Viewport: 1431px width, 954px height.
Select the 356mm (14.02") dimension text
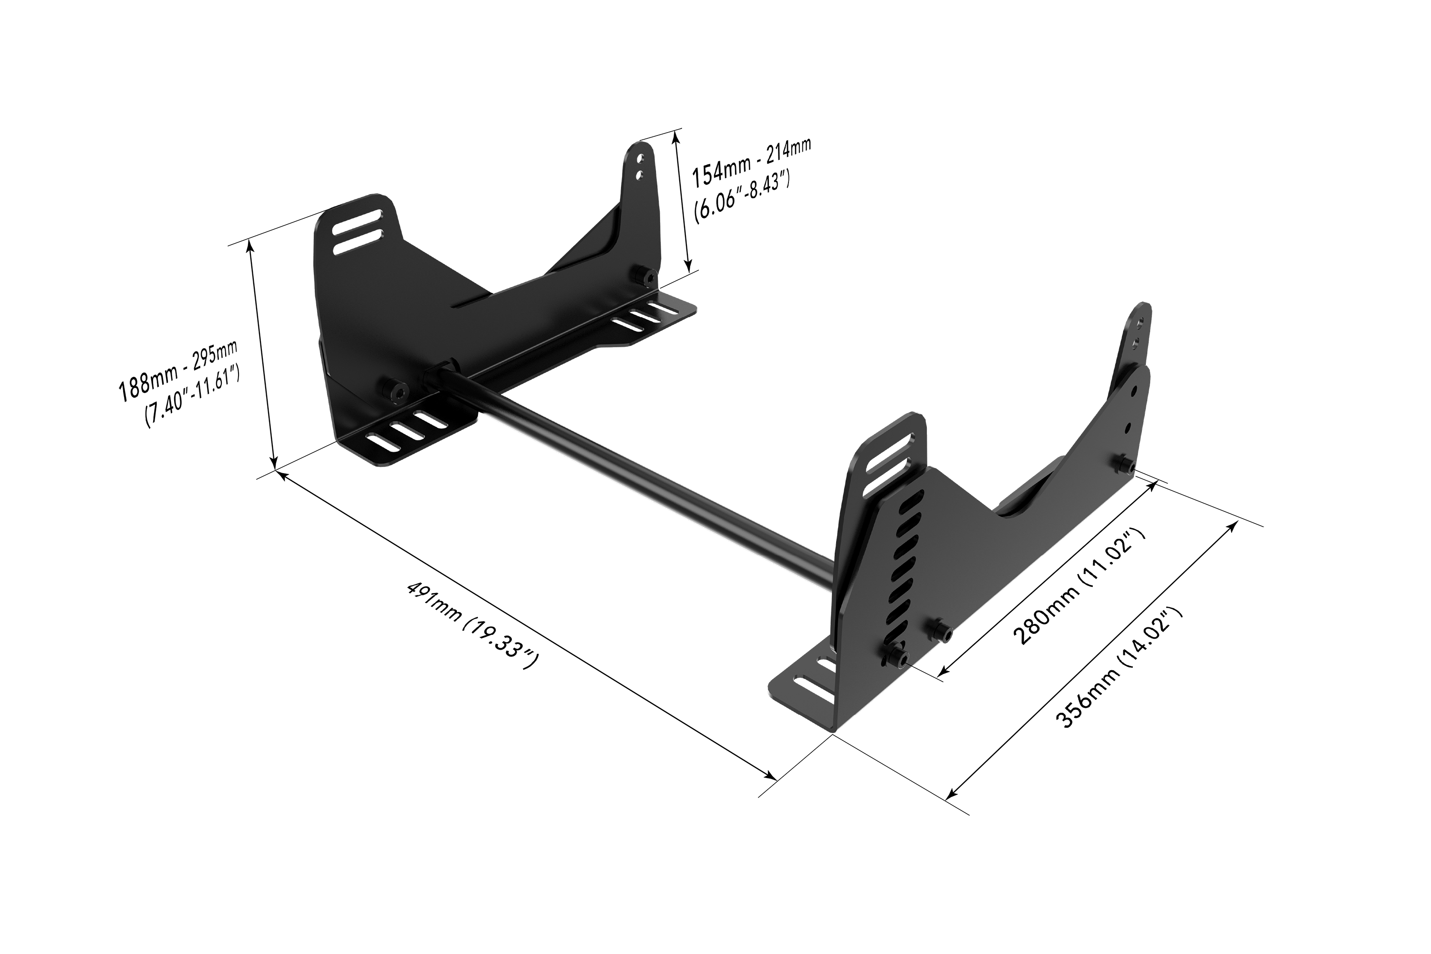click(x=1120, y=667)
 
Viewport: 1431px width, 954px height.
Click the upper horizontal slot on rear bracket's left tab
click(x=358, y=221)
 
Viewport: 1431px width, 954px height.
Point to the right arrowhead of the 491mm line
click(x=772, y=777)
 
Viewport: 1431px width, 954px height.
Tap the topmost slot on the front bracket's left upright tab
click(x=888, y=446)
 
